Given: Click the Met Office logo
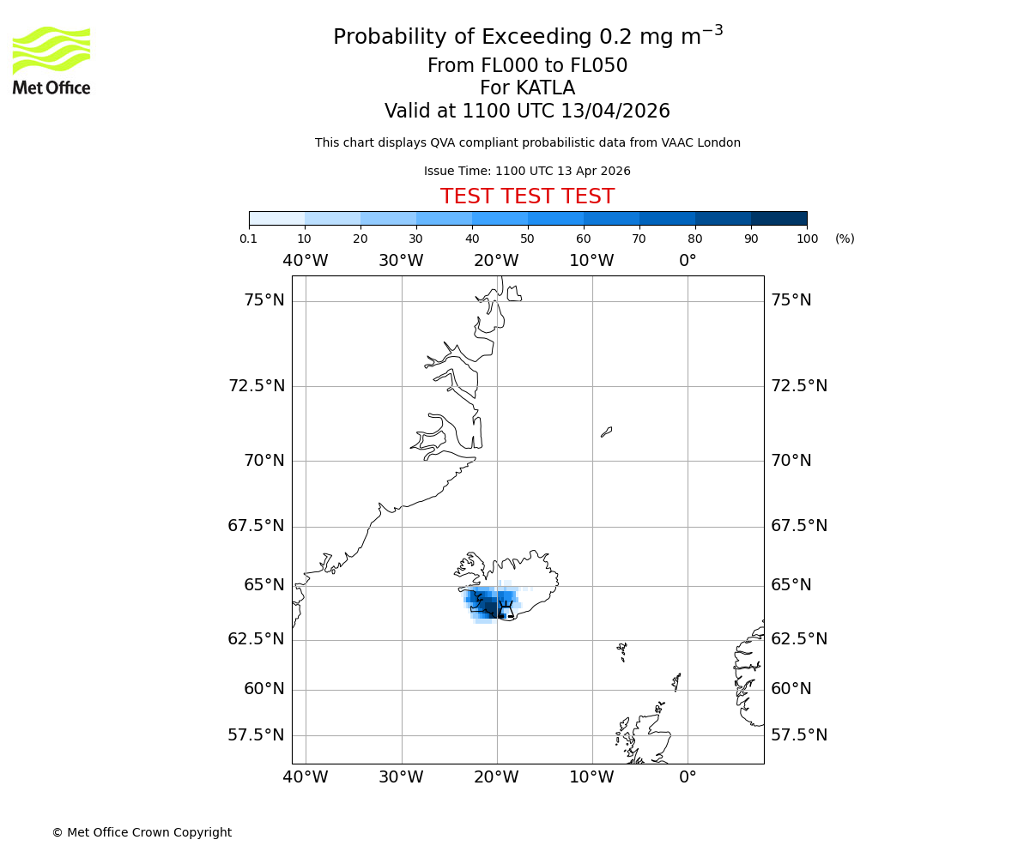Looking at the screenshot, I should pos(51,60).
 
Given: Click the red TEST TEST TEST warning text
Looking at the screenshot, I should pos(527,196).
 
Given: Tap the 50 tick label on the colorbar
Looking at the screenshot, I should pos(527,239).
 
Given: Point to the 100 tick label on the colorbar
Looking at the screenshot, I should pos(807,239).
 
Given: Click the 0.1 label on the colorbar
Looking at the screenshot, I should pos(249,239).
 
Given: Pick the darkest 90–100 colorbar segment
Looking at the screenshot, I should pos(779,218).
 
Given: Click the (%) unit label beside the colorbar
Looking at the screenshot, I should pos(845,239).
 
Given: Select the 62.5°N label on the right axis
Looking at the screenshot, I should pos(799,639).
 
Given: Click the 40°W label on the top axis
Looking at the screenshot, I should pos(305,261).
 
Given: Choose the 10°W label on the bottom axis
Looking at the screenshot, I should pos(591,777).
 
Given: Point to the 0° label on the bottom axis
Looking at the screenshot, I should pos(688,777).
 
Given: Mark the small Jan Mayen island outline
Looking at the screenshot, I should pos(606,432).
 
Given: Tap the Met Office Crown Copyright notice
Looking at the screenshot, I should pos(142,832).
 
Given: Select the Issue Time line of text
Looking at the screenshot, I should pos(527,171).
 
